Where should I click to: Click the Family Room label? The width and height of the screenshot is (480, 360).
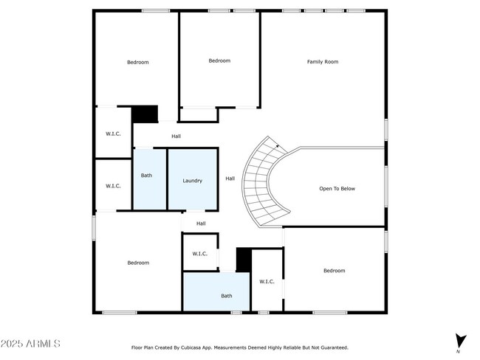[x=323, y=62]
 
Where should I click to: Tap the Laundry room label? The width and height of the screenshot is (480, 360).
[x=193, y=180]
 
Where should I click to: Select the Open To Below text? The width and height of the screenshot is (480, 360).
[x=337, y=189]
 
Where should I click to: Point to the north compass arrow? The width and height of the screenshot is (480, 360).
[x=461, y=342]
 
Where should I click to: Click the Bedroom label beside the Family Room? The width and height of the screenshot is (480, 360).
[x=219, y=60]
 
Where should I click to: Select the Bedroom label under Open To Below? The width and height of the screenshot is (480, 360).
[x=334, y=271]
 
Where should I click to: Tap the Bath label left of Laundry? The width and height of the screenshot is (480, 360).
[x=147, y=176]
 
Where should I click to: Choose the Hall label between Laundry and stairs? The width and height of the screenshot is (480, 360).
[x=230, y=179]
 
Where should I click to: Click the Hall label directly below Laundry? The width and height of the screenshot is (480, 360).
[x=201, y=224]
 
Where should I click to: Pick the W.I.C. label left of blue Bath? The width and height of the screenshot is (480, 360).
[x=113, y=186]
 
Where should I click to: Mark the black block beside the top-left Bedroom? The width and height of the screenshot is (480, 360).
[x=145, y=114]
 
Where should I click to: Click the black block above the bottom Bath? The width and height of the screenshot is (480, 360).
[x=243, y=260]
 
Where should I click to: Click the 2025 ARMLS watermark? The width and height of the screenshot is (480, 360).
[x=31, y=344]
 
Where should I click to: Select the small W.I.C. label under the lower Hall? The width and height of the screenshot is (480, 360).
[x=200, y=254]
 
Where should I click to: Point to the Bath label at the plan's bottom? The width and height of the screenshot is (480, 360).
[x=227, y=296]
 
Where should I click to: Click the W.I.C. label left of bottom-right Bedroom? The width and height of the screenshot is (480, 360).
[x=267, y=281]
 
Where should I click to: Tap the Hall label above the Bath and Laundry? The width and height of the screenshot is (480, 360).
[x=176, y=136]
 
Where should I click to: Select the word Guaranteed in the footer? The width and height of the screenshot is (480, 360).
[x=332, y=347]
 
